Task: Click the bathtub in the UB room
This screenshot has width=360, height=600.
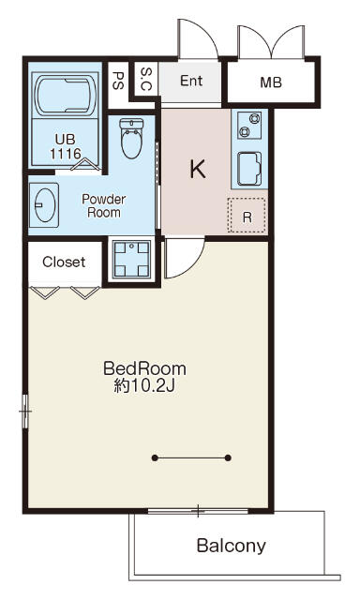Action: click(x=65, y=96)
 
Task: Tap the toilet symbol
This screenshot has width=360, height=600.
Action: click(x=131, y=138)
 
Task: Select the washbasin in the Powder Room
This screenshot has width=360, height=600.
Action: click(x=44, y=204)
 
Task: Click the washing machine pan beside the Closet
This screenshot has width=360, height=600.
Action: click(x=131, y=259)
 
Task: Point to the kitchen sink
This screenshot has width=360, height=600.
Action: click(x=249, y=169)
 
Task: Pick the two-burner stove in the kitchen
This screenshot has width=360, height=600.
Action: click(x=249, y=125)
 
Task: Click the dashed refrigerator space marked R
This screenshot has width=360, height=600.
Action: click(x=247, y=215)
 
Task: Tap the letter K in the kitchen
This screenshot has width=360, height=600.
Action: click(x=198, y=169)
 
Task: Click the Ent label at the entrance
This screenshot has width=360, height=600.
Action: click(x=191, y=81)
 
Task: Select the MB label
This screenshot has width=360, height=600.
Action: click(x=271, y=82)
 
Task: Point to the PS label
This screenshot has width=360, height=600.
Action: click(x=118, y=81)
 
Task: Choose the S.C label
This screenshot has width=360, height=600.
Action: click(x=146, y=79)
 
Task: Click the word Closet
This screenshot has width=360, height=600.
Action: click(x=64, y=262)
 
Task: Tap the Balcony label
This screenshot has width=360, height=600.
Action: click(x=231, y=546)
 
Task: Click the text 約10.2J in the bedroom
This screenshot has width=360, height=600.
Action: click(x=144, y=386)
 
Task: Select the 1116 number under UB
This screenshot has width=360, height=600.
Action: click(x=66, y=154)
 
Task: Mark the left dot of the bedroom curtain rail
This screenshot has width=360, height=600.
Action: click(x=155, y=457)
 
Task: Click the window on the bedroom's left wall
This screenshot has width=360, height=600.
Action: click(x=25, y=412)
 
